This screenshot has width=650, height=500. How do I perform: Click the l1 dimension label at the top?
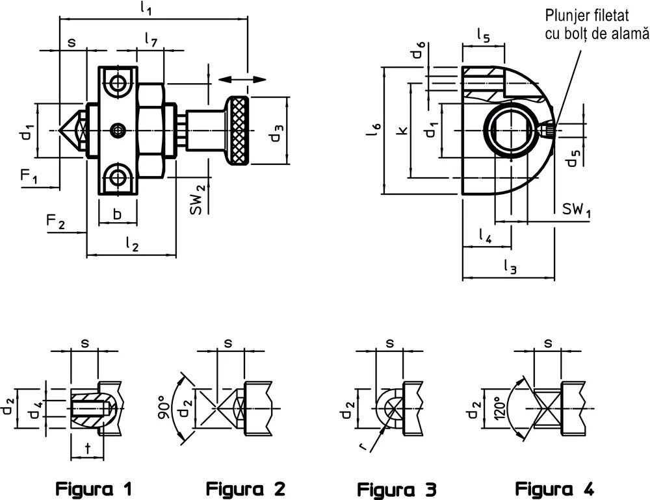pos(145,9)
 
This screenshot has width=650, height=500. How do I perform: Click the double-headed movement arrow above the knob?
pos(242,79)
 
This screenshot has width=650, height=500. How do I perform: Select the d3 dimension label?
pos(277,132)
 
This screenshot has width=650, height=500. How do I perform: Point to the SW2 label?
pos(198,199)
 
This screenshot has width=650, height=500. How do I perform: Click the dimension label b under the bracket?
pos(117,214)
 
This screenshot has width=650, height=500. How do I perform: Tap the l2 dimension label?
pos(132,245)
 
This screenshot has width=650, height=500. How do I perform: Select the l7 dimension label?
pos(151,39)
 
